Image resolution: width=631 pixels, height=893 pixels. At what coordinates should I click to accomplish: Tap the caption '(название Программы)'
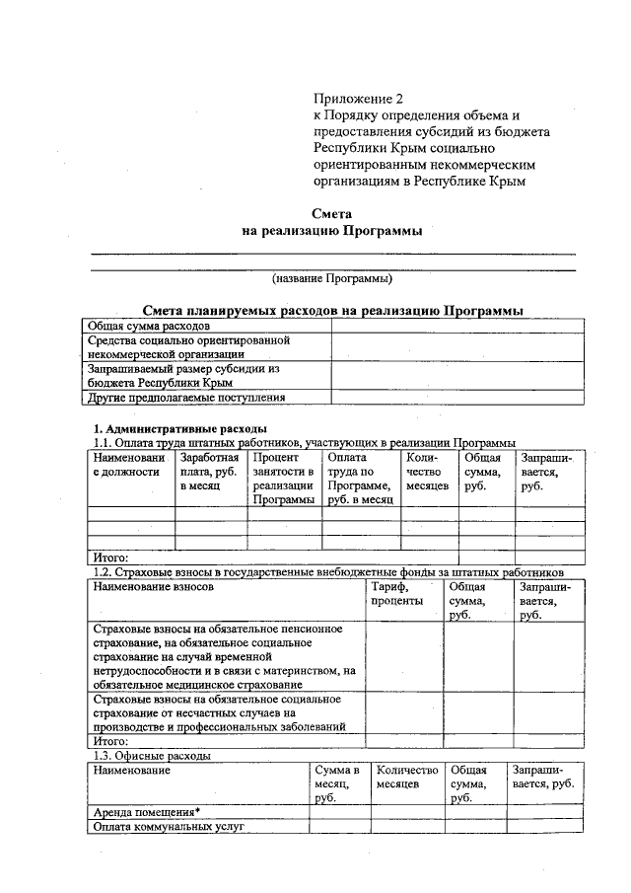coord(332,278)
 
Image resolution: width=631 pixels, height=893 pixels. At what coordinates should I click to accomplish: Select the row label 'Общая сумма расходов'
coord(148,325)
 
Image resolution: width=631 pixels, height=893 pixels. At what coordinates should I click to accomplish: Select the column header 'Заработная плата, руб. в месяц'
coord(209,472)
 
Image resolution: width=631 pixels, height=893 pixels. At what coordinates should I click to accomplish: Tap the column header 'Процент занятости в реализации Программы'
coord(283,479)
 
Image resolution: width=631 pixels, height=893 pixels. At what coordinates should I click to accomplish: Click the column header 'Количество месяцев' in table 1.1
coord(428,472)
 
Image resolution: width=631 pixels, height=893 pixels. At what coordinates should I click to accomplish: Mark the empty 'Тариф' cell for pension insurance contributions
coord(404,656)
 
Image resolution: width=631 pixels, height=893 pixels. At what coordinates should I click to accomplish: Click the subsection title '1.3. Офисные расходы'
coord(149,755)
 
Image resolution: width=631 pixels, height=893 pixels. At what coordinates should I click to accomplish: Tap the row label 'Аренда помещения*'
coord(138,812)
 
